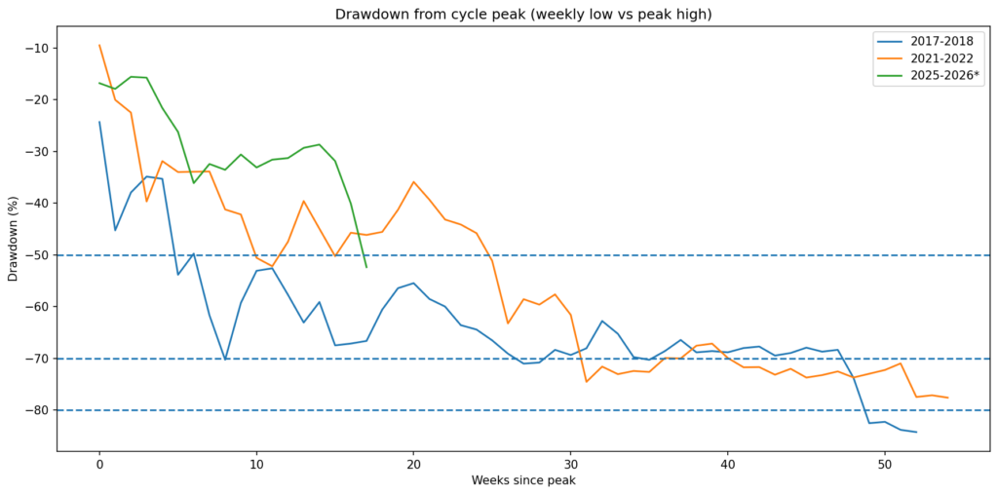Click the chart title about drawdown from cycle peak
coord(522,15)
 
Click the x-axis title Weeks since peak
coord(522,481)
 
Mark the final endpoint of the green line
coord(366,267)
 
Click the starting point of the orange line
coord(99,45)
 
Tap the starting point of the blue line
coord(99,122)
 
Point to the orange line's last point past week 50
coord(947,398)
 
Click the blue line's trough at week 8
coord(225,360)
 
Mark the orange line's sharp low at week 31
coord(586,381)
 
